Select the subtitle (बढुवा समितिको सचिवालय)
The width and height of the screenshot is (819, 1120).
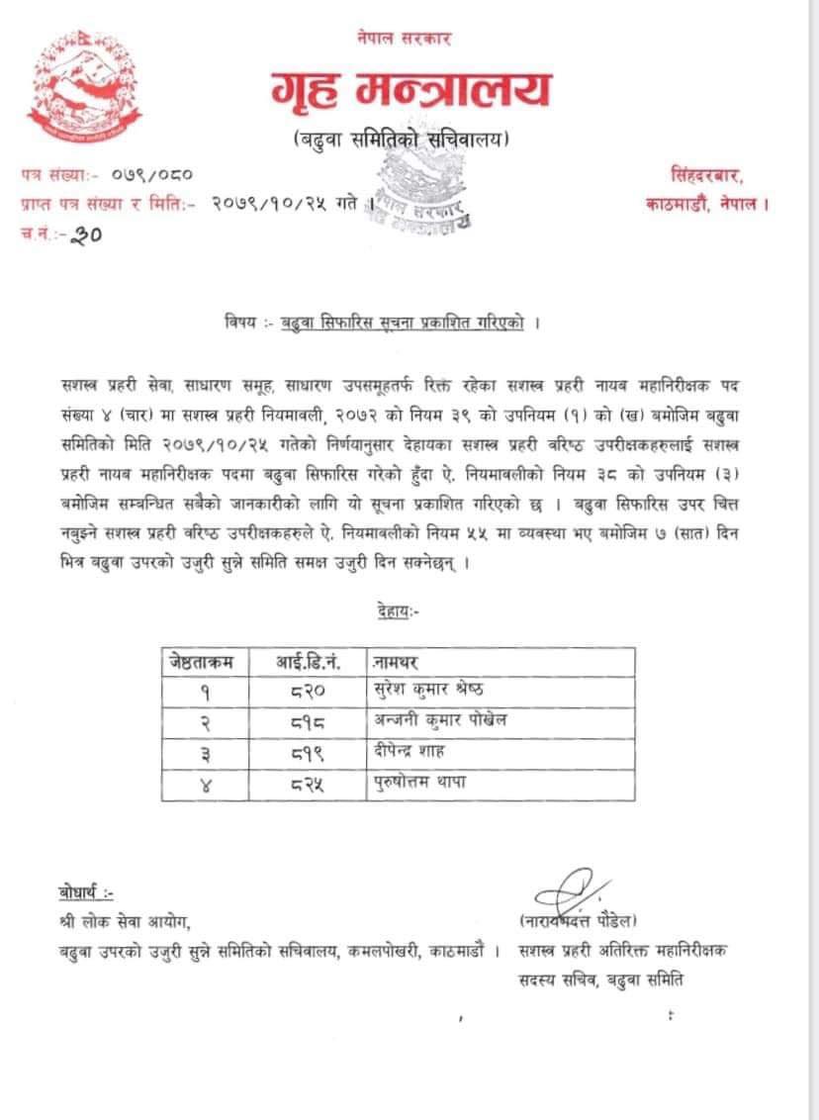pyautogui.click(x=403, y=141)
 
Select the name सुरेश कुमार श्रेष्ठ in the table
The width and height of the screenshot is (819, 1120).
pyautogui.click(x=428, y=690)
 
